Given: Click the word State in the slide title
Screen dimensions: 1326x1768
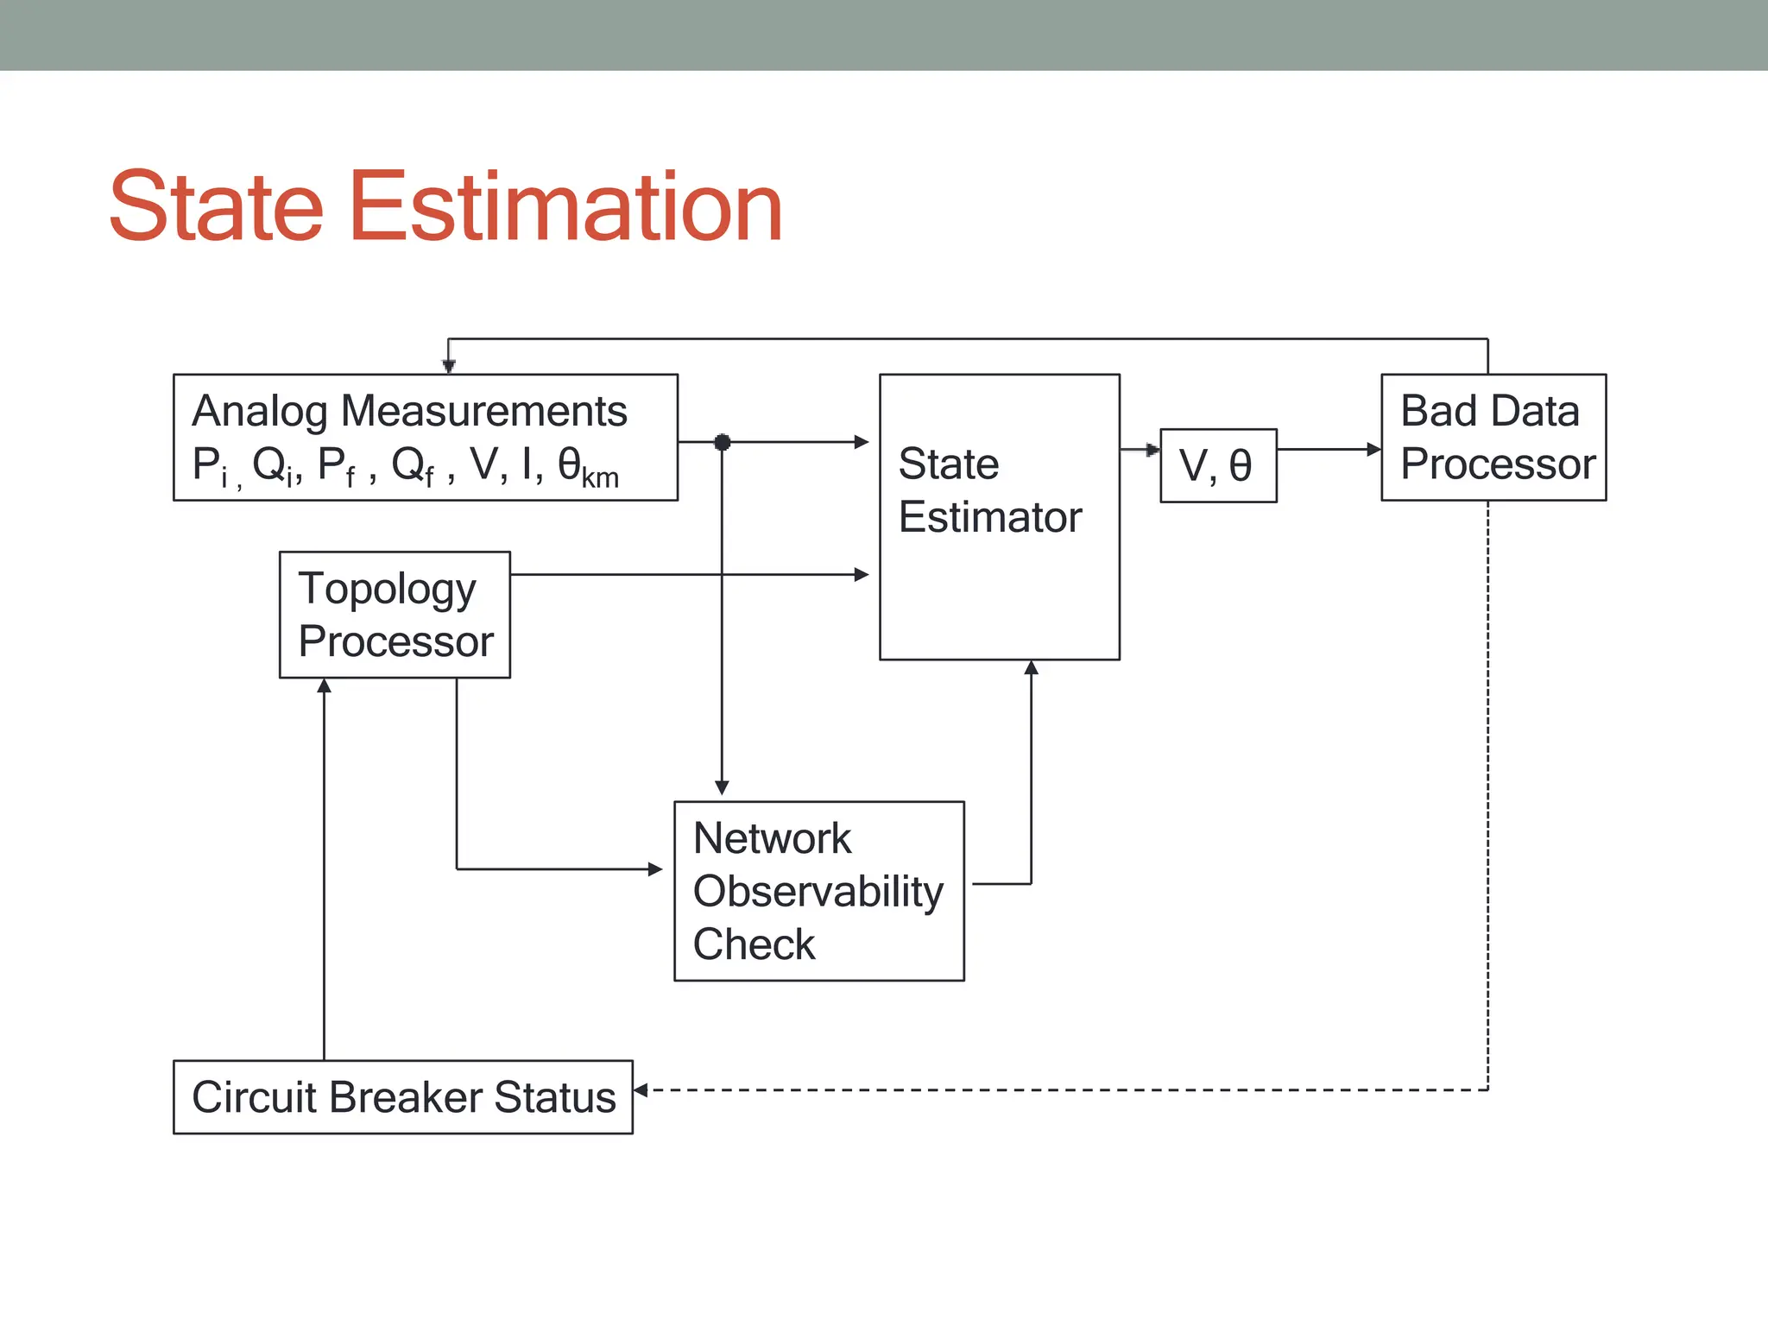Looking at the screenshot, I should [x=216, y=207].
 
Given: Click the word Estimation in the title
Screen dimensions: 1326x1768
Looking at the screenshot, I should [x=565, y=207].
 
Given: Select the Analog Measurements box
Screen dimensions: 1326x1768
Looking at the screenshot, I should [x=425, y=437].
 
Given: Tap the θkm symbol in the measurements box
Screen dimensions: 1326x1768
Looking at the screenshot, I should [x=587, y=466].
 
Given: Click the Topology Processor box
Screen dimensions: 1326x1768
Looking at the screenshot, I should [x=395, y=615].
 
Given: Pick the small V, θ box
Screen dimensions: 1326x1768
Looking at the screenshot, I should [x=1217, y=465].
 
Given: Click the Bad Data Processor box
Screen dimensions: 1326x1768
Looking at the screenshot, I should [x=1493, y=437].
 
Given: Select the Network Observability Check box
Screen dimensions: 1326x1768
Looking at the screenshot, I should [x=818, y=891].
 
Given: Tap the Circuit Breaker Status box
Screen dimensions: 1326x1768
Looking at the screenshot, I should [x=402, y=1096].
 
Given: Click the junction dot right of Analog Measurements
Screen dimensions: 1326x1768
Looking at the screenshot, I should [x=723, y=442].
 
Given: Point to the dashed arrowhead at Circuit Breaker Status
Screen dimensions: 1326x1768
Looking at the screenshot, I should [x=641, y=1090].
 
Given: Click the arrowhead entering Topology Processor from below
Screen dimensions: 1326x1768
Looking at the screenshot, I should [x=324, y=686].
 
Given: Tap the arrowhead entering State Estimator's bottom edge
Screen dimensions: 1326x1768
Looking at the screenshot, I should [x=1031, y=668].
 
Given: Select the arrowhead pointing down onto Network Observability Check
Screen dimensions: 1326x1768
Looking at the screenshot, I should [x=722, y=787].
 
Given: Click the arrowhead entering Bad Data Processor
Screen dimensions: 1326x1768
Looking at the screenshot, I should [x=1374, y=449].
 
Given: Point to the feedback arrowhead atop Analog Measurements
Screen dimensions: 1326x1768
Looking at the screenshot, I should [x=448, y=366].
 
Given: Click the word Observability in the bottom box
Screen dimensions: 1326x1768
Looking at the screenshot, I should [x=818, y=891].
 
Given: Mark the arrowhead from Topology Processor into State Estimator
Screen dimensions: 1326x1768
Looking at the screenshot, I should [x=861, y=574].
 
